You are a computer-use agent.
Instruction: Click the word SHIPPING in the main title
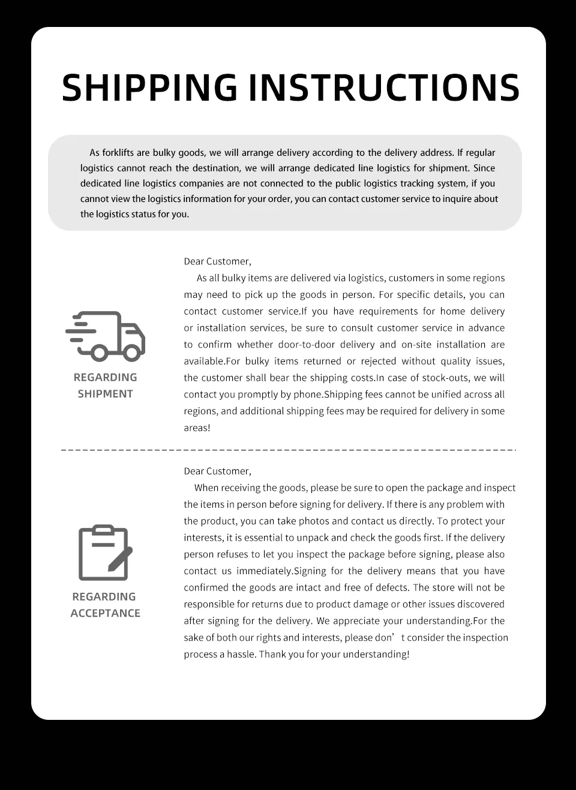[149, 88]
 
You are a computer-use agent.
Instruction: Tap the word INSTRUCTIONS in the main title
[383, 88]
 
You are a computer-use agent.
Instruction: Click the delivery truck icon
[106, 336]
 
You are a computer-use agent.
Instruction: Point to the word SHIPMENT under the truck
[105, 394]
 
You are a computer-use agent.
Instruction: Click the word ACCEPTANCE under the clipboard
[105, 613]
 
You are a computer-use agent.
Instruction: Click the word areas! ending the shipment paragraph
[197, 428]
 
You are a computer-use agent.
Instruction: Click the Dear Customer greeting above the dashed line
[217, 261]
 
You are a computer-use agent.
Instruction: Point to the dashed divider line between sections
[288, 450]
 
